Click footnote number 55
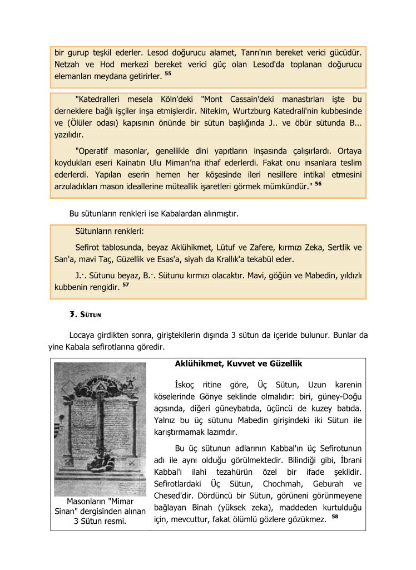point(168,73)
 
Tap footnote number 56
point(318,183)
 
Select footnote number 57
point(126,284)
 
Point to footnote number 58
point(335,517)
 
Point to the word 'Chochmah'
point(283,483)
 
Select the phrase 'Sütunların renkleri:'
point(109,231)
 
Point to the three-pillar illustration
point(100,429)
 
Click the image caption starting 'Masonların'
point(100,511)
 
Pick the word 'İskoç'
point(185,385)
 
